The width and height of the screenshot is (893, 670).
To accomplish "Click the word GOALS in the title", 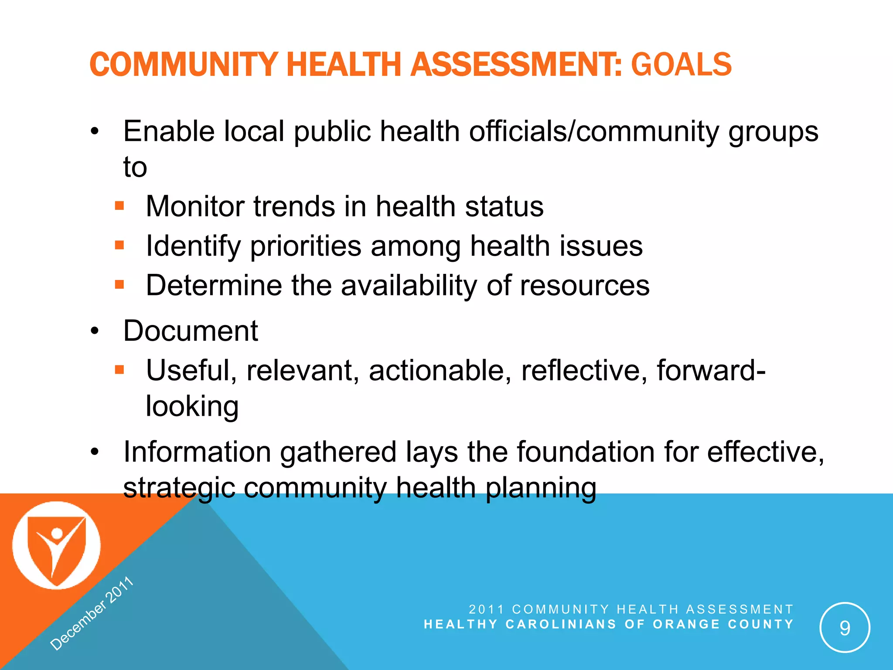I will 681,65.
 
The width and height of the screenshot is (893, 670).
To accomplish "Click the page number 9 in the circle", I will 845,628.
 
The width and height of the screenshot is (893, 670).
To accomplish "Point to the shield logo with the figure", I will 56,546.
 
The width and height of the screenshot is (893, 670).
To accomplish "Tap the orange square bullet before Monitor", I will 119,205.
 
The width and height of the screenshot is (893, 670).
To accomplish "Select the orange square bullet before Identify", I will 119,245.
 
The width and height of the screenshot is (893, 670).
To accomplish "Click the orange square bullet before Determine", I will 119,285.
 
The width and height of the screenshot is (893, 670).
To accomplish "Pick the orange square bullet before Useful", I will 119,370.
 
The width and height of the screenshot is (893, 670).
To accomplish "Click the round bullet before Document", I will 95,331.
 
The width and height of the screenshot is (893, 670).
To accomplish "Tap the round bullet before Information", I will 95,452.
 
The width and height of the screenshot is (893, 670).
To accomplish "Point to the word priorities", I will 306,246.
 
